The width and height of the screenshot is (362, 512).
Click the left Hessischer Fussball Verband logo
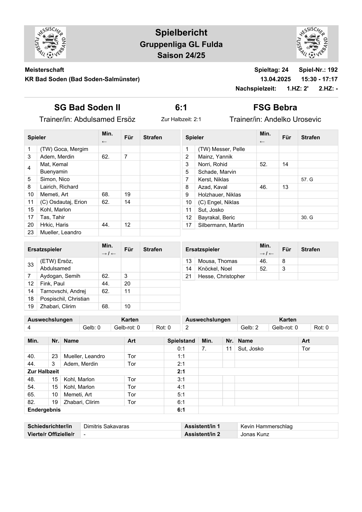[x=50, y=43]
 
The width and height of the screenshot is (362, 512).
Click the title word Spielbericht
[x=181, y=33]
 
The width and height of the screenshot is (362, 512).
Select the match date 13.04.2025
[x=275, y=79]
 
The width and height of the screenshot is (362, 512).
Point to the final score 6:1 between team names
[x=181, y=107]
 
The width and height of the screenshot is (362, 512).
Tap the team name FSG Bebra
[x=275, y=107]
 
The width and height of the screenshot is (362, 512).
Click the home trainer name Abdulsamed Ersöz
[x=105, y=119]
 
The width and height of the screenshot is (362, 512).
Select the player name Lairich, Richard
[x=59, y=187]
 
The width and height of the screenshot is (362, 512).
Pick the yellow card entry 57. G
[x=307, y=179]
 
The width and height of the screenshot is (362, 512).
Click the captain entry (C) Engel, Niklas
[x=218, y=202]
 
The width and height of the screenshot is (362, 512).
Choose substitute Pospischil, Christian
[x=65, y=299]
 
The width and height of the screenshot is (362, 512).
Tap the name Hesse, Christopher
[x=221, y=276]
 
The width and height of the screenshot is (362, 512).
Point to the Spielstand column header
[x=181, y=341]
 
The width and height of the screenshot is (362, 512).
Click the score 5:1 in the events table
[x=181, y=395]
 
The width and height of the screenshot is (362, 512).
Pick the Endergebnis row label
[x=44, y=410]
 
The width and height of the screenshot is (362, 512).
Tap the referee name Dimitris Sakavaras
[x=106, y=426]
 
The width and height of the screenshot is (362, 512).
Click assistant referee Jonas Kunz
[x=255, y=434]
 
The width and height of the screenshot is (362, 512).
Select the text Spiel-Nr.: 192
[x=318, y=70]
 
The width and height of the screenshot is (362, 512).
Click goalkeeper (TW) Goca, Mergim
[x=64, y=149]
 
